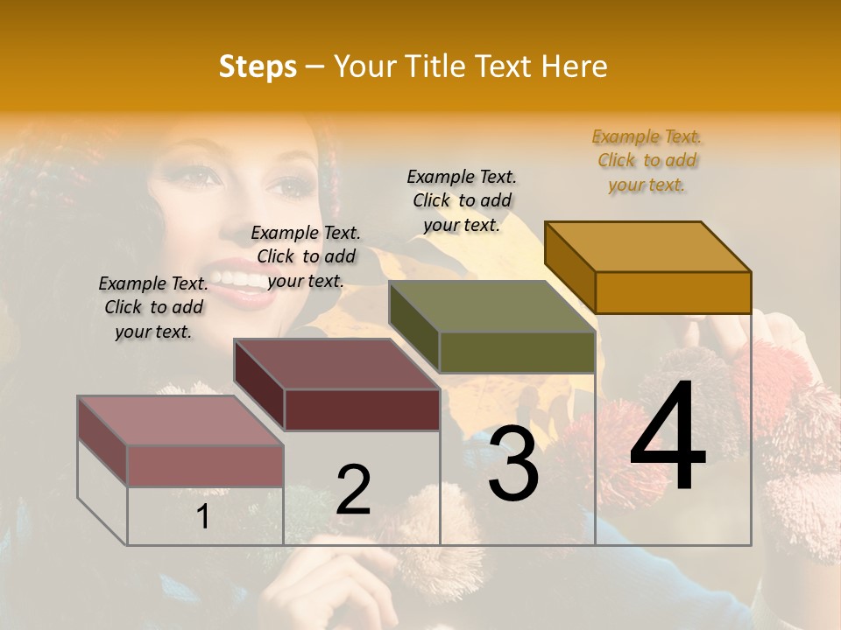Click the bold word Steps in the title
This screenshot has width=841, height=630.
tap(258, 66)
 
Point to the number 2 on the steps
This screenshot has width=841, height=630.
tap(353, 490)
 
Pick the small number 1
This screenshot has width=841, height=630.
tap(202, 516)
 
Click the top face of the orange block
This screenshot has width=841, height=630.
tap(647, 246)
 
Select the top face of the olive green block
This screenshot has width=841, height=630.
tap(491, 306)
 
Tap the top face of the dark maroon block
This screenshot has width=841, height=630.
tap(336, 364)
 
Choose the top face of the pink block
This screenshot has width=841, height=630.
tap(180, 421)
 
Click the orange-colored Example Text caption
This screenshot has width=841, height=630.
tap(647, 160)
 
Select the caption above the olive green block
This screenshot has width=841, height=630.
tap(462, 200)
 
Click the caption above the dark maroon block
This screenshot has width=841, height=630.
tap(306, 256)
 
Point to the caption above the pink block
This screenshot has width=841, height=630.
tap(153, 307)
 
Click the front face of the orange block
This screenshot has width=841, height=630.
tap(673, 292)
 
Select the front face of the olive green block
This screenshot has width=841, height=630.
tap(517, 352)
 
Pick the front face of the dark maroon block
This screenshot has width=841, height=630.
tap(362, 409)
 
